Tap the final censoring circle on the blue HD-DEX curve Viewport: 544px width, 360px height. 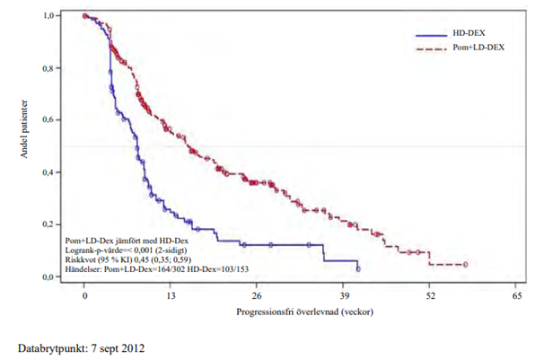pyautogui.click(x=358, y=268)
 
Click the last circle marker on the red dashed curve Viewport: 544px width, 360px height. pyautogui.click(x=465, y=264)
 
